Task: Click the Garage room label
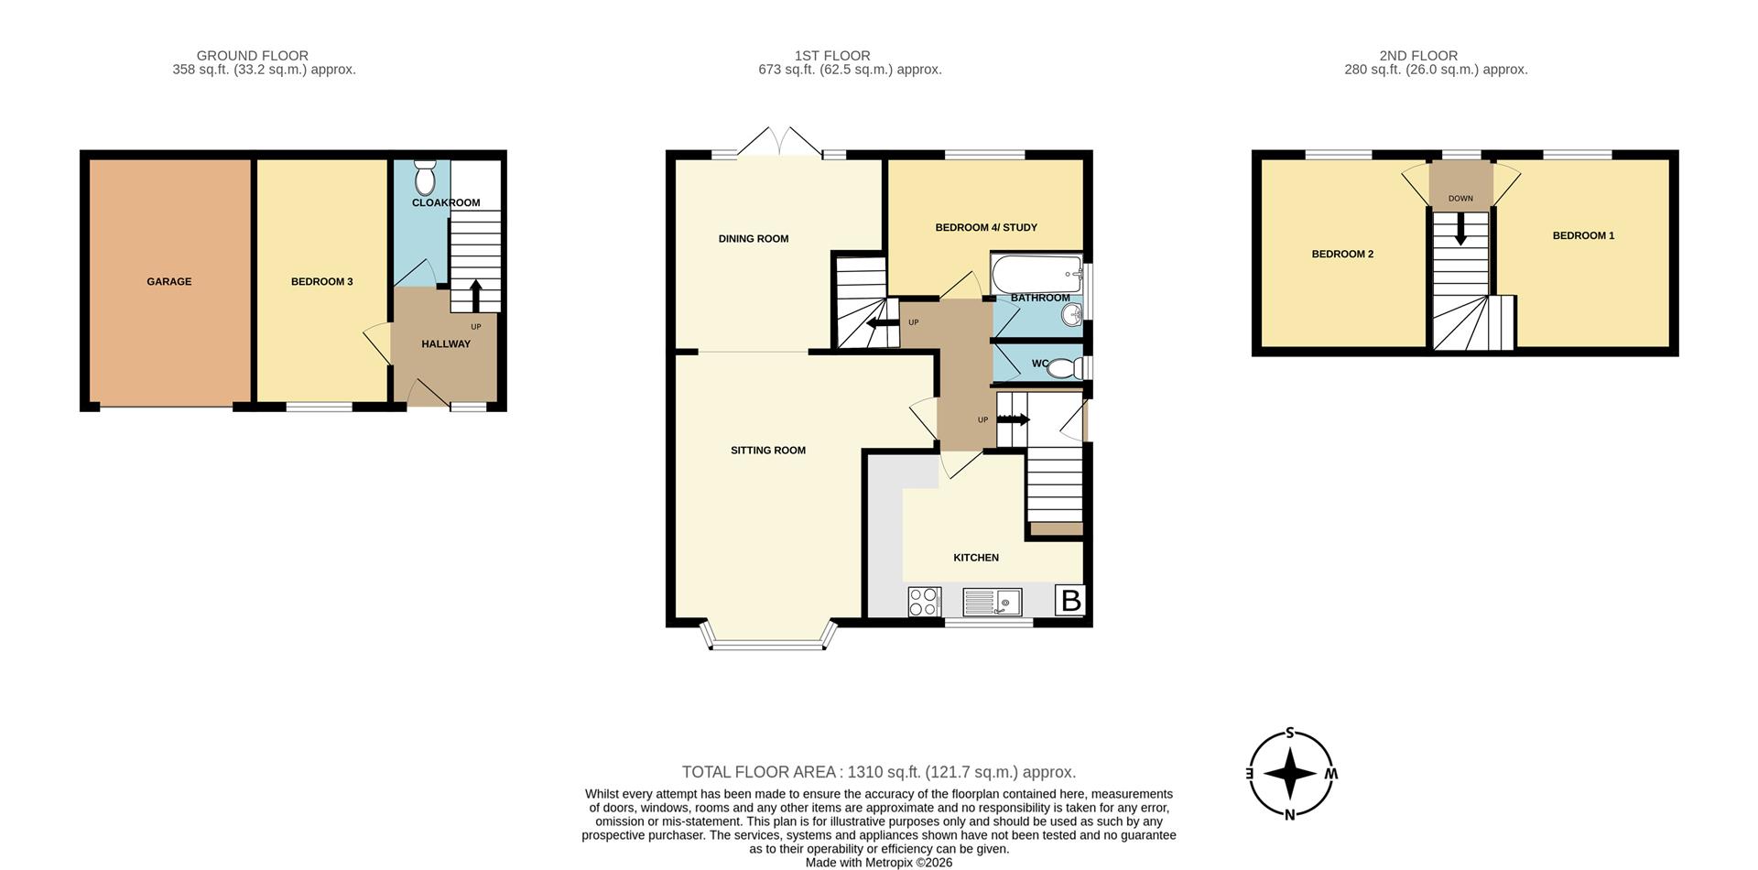169,282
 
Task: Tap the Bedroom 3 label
322,282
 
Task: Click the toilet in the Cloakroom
425,176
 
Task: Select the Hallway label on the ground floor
446,344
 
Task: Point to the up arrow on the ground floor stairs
475,296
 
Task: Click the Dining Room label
754,239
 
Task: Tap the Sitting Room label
768,451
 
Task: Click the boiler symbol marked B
1069,601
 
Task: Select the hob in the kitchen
925,602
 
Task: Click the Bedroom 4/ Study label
986,228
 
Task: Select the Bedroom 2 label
1342,255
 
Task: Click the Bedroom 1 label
1583,236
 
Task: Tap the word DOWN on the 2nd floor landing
1460,199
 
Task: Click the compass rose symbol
1290,774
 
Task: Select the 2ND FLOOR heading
1418,56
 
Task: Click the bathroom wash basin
1071,316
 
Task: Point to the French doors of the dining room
780,141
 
